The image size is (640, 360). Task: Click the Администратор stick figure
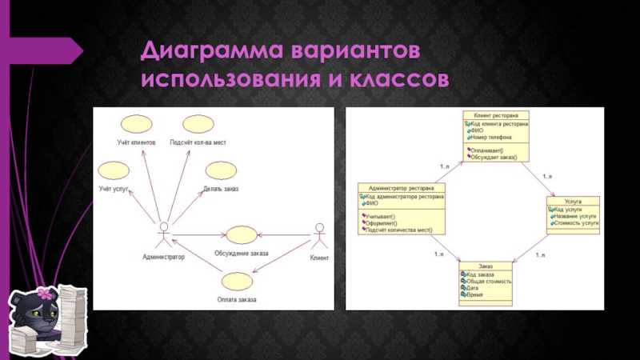tap(163, 235)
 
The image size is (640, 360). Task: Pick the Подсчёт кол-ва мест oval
tap(197, 125)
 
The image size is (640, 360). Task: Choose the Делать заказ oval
tap(219, 171)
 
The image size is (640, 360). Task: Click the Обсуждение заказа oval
tap(241, 235)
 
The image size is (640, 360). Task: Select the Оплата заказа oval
tap(237, 282)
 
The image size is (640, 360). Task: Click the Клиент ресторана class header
tap(495, 115)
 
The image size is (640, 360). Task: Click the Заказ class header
tap(486, 266)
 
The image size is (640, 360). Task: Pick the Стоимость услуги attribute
tap(575, 223)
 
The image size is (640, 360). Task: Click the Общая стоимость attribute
tap(488, 282)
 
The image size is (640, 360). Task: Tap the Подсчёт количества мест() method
tap(398, 230)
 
